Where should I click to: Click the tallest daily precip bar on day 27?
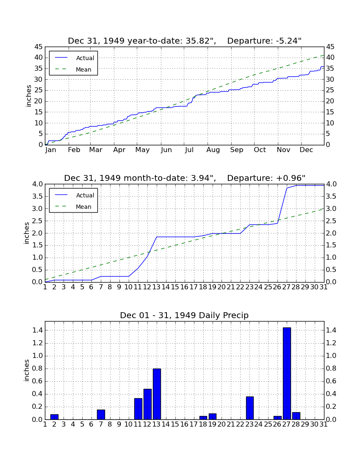287,373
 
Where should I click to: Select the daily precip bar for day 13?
157,394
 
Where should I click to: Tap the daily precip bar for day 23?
249,408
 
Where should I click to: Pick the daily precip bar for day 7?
101,414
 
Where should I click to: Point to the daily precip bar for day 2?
54,417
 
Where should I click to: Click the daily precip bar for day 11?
138,409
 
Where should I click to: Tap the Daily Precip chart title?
184,315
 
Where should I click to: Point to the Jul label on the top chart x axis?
189,150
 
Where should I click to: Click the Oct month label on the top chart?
260,150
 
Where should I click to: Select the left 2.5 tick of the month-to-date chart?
38,221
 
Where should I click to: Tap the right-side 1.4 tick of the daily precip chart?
332,330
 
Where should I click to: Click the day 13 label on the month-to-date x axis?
157,287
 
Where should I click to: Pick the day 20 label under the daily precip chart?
222,424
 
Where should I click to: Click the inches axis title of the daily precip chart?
27,370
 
